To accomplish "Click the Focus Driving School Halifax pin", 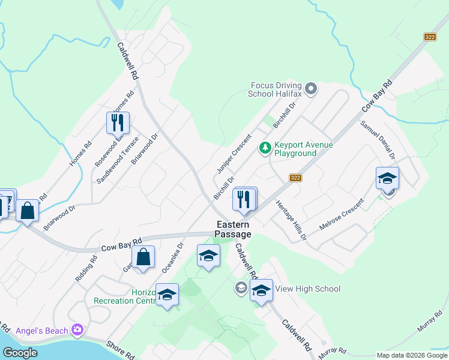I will pyautogui.click(x=310, y=89).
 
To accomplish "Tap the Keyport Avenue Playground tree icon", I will pyautogui.click(x=265, y=147).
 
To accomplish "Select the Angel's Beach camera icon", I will pyautogui.click(x=76, y=329).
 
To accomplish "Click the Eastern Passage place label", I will pyautogui.click(x=234, y=229).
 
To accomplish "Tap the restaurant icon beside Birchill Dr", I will pyautogui.click(x=244, y=199).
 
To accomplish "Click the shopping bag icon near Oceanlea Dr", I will pyautogui.click(x=144, y=257).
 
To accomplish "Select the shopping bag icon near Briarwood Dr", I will pyautogui.click(x=27, y=211).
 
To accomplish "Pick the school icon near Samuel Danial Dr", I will pyautogui.click(x=387, y=178).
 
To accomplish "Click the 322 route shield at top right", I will pyautogui.click(x=429, y=37).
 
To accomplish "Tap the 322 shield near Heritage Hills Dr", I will pyautogui.click(x=295, y=178).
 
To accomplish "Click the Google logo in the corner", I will pyautogui.click(x=20, y=353).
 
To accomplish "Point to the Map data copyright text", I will pyautogui.click(x=411, y=355).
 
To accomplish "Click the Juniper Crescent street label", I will pyautogui.click(x=234, y=154).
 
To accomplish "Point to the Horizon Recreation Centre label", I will pyautogui.click(x=125, y=296).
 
